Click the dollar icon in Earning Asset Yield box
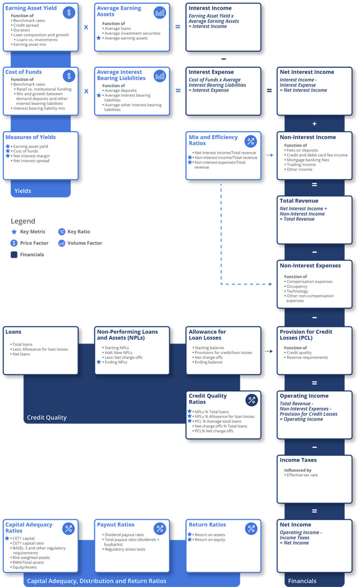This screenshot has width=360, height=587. (x=69, y=12)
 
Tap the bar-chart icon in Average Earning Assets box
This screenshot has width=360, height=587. (x=160, y=12)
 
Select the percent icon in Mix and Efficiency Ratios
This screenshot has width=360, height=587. (x=251, y=141)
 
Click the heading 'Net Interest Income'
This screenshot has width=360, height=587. (x=307, y=72)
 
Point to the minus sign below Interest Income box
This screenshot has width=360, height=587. (x=223, y=59)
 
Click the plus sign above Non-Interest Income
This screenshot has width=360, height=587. (x=315, y=124)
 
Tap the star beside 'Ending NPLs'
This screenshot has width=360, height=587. (x=99, y=362)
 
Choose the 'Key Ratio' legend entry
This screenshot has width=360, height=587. (x=78, y=232)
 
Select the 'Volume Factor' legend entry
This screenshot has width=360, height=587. (x=84, y=243)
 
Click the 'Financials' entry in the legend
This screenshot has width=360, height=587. (x=32, y=255)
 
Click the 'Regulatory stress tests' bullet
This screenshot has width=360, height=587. (x=125, y=549)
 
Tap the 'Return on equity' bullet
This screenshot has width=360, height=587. (x=210, y=540)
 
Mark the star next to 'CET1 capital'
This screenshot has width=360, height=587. (x=7, y=538)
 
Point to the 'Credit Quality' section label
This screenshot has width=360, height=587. (x=47, y=417)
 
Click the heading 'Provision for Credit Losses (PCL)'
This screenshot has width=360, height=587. (x=306, y=334)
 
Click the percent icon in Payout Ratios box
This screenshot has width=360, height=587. (x=160, y=529)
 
